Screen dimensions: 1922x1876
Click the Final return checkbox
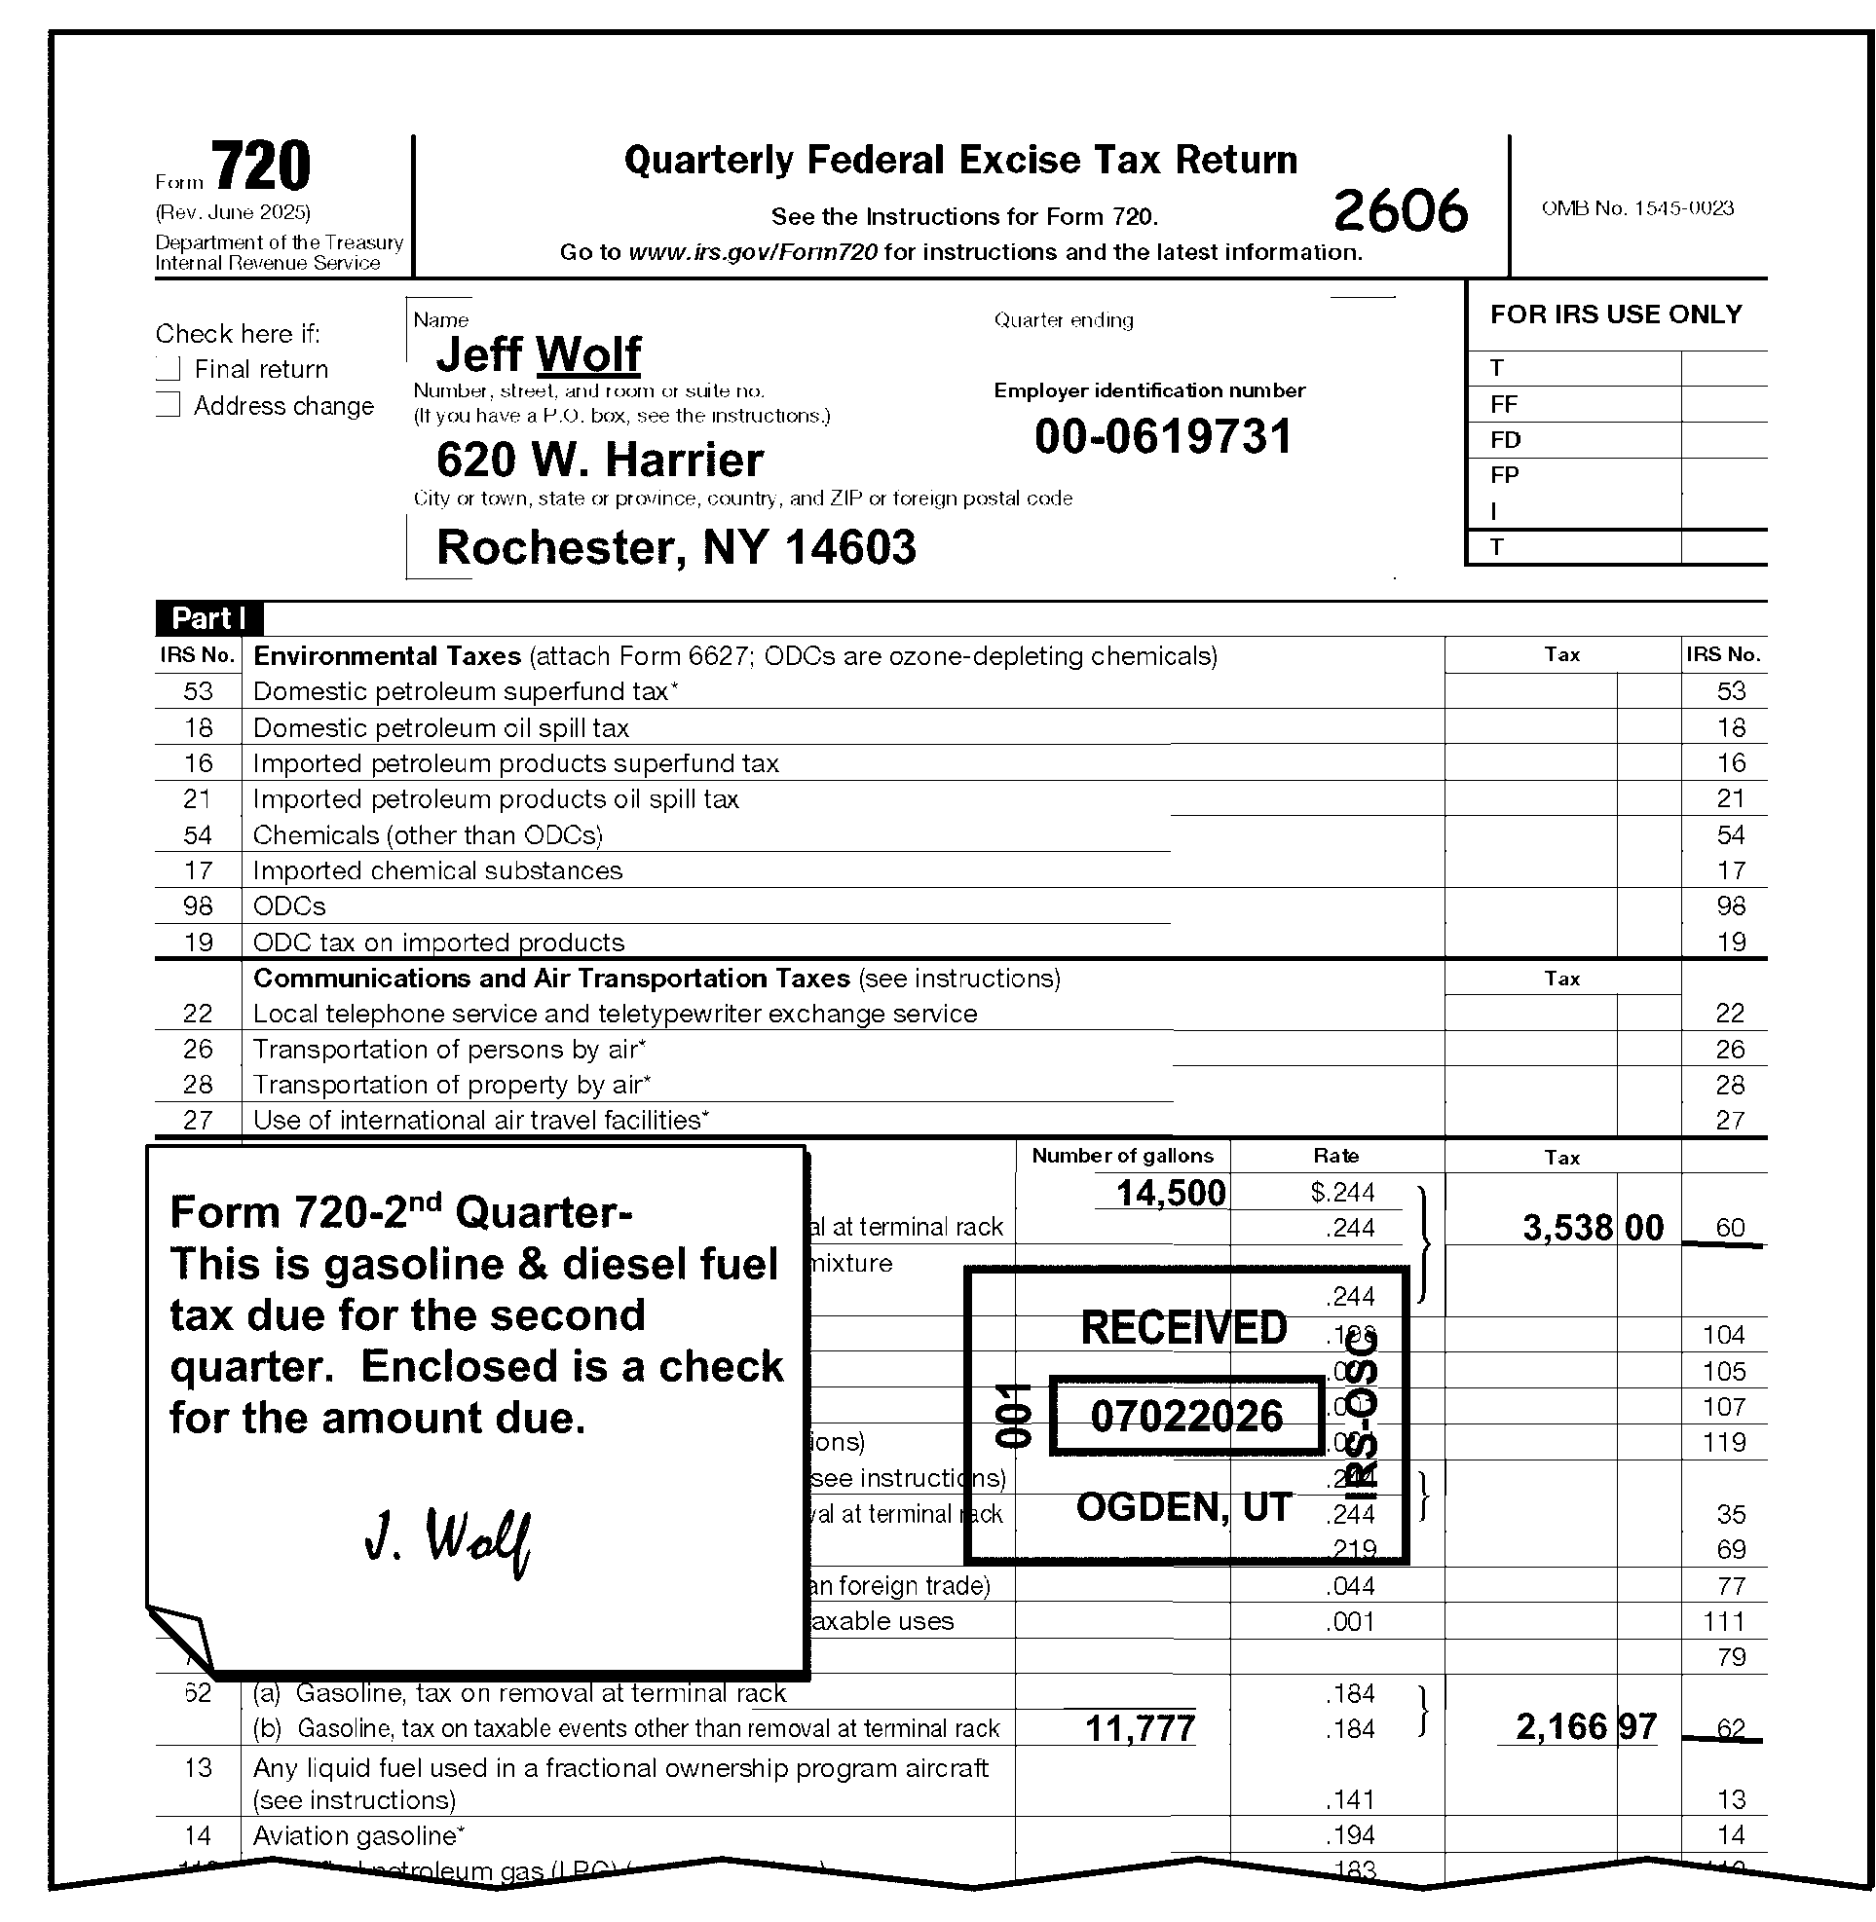coord(169,369)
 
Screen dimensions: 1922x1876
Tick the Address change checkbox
coord(169,405)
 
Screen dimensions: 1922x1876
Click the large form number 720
coord(260,166)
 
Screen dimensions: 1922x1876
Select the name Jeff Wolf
coord(538,354)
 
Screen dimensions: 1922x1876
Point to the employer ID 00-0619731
coord(1163,437)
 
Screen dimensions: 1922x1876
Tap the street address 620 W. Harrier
coord(599,461)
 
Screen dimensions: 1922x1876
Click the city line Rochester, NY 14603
coord(676,548)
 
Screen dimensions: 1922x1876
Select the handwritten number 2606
coord(1400,211)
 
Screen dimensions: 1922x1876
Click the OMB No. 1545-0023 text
coord(1637,208)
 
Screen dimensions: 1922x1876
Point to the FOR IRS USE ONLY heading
coord(1616,314)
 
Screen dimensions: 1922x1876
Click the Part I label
coord(208,618)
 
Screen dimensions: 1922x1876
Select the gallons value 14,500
coord(1171,1193)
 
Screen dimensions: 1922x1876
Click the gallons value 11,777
coord(1140,1728)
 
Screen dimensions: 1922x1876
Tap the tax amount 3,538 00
coord(1593,1228)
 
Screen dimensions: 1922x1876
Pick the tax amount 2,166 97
coord(1586,1726)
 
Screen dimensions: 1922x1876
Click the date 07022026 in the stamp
coord(1186,1417)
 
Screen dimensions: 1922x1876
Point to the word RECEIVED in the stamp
coord(1183,1328)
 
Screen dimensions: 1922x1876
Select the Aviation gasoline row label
coord(358,1835)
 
